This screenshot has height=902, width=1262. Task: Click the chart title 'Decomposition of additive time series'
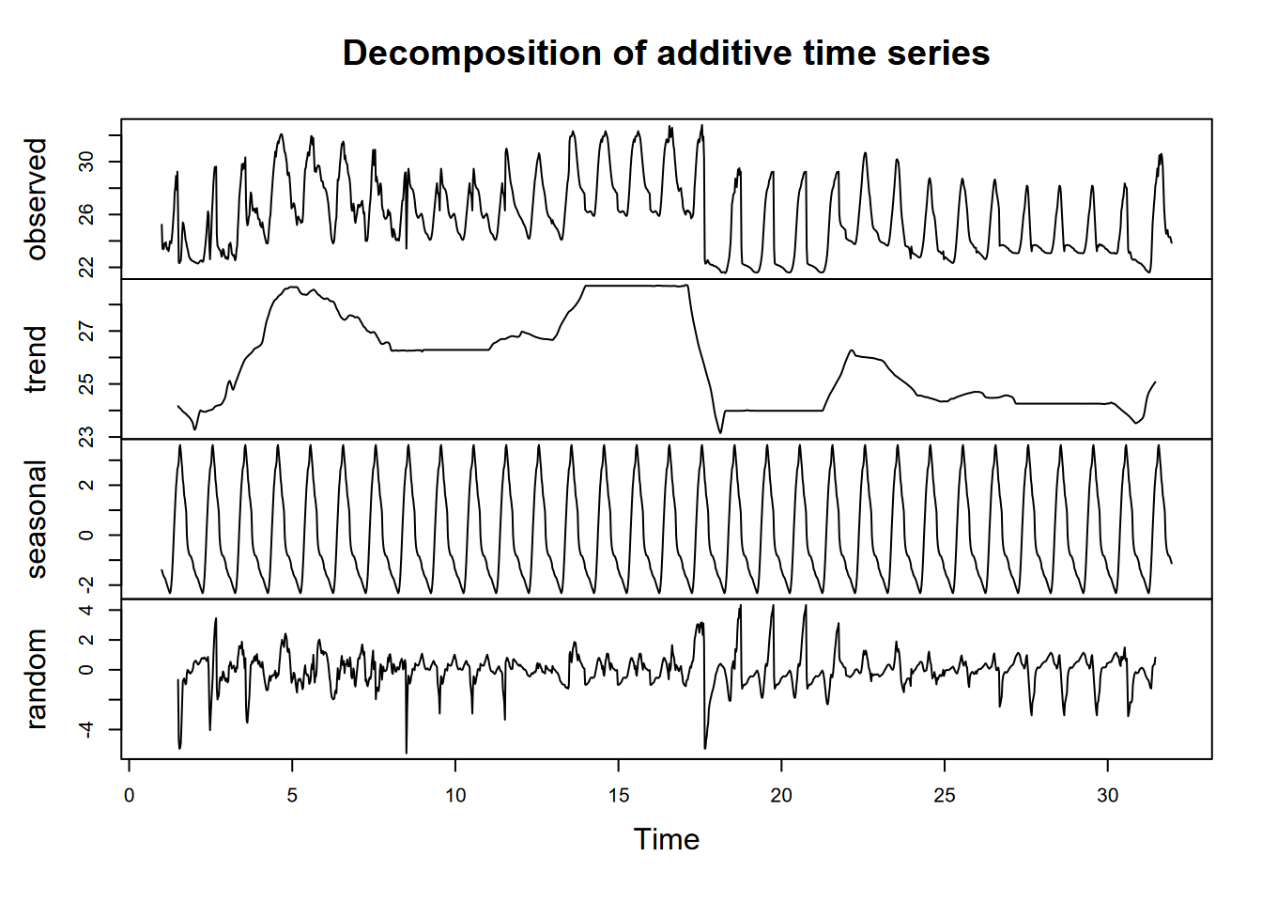point(666,54)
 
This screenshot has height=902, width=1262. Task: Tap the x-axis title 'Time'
point(666,839)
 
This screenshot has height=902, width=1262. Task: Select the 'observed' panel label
point(37,199)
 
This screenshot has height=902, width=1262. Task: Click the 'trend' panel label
point(37,359)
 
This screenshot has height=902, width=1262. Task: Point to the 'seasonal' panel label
point(37,519)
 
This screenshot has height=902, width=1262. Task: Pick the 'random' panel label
point(37,678)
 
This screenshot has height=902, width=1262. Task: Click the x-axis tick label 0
point(129,796)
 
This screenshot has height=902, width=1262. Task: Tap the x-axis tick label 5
point(292,796)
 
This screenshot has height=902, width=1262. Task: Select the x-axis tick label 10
point(455,796)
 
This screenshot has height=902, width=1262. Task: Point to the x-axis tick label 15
point(618,796)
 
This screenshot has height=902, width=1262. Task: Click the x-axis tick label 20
point(781,796)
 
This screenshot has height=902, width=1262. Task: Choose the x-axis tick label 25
point(945,796)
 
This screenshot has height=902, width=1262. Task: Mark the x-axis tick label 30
point(1108,796)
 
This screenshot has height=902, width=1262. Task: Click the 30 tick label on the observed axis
point(87,162)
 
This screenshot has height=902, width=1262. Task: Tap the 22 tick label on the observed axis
point(87,268)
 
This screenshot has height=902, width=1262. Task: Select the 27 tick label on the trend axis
point(87,331)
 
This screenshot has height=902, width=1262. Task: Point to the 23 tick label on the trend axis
point(87,437)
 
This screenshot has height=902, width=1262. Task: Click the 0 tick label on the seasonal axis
point(87,536)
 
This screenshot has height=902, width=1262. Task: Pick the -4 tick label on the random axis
point(87,728)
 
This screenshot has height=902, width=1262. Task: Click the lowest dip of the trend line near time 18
point(720,433)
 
